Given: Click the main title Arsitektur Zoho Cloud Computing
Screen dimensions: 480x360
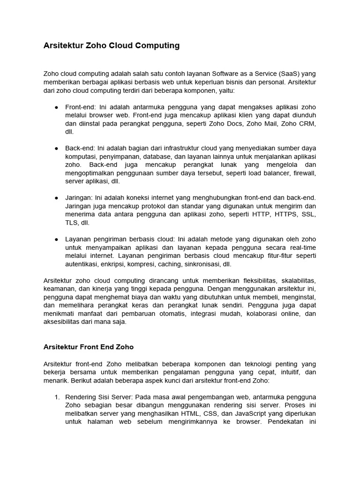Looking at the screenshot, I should [x=111, y=45].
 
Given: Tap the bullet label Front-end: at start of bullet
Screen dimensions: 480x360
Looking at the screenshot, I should [x=79, y=107].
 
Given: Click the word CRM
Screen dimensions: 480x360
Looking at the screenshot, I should [x=308, y=124].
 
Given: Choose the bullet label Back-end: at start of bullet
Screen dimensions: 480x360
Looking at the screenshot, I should [x=79, y=148].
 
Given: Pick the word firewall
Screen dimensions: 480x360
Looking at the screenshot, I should [x=305, y=173].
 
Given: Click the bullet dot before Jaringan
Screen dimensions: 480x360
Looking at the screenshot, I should [x=56, y=198].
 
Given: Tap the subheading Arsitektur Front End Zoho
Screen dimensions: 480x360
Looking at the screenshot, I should [x=89, y=347].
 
